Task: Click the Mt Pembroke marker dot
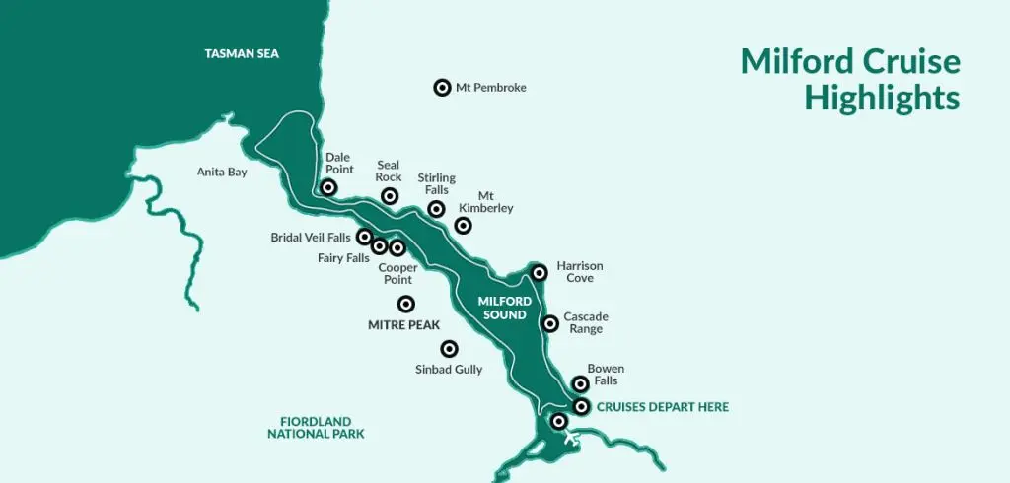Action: [442, 88]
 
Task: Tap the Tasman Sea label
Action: [242, 53]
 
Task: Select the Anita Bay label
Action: [222, 172]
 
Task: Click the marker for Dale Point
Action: [329, 187]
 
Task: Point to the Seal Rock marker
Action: [390, 196]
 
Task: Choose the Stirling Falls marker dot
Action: [436, 209]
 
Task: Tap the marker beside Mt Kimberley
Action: [463, 226]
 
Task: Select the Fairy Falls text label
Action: [343, 258]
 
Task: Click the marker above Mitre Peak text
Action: [405, 304]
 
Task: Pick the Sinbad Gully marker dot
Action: [449, 348]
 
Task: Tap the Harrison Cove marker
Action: [539, 272]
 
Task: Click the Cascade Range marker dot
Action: [550, 323]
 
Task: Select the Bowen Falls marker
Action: [581, 384]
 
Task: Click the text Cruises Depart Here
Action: [663, 407]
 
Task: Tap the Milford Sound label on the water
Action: [505, 307]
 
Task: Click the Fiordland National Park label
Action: [316, 427]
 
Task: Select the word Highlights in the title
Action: [882, 98]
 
